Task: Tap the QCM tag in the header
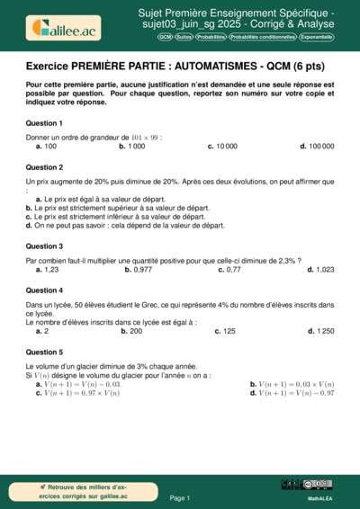click(165, 38)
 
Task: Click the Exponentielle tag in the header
click(316, 38)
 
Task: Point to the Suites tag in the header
click(184, 38)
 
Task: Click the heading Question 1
click(44, 122)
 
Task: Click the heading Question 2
click(44, 167)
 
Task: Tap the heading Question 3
click(44, 246)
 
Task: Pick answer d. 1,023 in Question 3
click(320, 269)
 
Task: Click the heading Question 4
click(44, 290)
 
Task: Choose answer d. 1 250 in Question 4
click(320, 331)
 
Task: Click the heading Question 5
click(44, 353)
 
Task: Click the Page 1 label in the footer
click(179, 497)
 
